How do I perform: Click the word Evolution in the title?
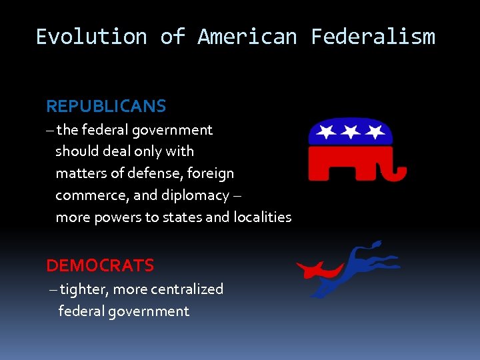91,37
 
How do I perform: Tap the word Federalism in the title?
373,37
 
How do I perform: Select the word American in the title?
247,37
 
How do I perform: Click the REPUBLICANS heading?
106,106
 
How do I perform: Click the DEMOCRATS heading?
100,265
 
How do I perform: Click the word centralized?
187,289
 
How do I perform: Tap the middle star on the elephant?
351,131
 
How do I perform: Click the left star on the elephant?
327,131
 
